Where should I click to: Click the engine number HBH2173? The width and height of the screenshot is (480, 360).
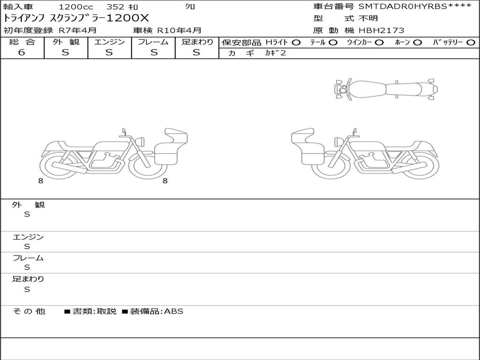381,30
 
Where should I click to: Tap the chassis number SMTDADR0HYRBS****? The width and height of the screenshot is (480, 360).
415,7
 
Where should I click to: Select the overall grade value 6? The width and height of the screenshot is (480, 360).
22,52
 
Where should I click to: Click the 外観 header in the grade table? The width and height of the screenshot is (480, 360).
66,42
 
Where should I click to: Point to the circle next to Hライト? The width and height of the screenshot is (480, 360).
296,43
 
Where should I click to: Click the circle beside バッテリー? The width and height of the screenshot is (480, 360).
471,43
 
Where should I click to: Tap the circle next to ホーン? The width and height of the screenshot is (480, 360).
418,43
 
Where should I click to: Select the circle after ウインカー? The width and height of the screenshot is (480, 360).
379,43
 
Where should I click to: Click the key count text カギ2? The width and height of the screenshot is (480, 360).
275,53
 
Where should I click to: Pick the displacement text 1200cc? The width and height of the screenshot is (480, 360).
76,7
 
